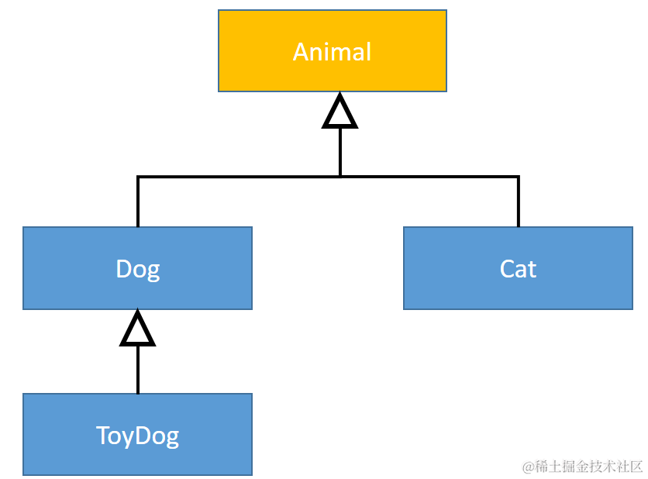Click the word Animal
tap(332, 52)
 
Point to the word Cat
tap(518, 269)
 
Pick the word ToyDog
tap(137, 436)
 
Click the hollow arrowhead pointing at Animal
tap(340, 112)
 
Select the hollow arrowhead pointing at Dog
tap(137, 330)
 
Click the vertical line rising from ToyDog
tap(137, 370)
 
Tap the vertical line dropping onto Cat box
tap(518, 203)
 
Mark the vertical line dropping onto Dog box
tap(138, 203)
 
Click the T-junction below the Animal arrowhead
tap(340, 177)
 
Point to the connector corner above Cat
tap(518, 177)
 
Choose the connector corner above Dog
tap(138, 177)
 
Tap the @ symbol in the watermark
tap(527, 467)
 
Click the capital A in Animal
tap(302, 52)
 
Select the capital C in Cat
tap(508, 269)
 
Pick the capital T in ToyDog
tap(103, 435)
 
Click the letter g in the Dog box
tap(153, 271)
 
